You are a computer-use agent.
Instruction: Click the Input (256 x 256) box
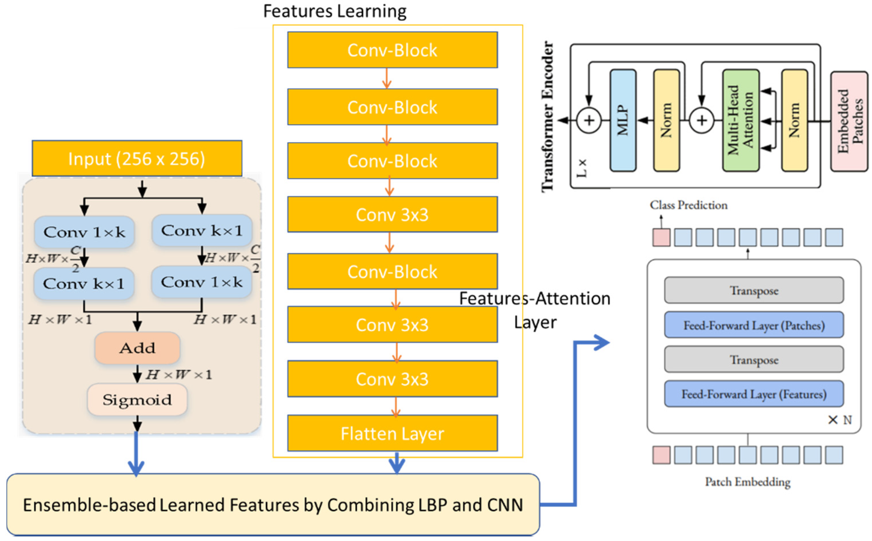(137, 159)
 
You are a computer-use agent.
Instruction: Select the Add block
(137, 348)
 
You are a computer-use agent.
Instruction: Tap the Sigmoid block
(137, 400)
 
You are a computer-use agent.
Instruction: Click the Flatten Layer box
(392, 433)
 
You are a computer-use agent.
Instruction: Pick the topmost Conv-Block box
(392, 50)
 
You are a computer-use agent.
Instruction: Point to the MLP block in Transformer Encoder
(623, 120)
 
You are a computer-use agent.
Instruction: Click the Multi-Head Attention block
(741, 120)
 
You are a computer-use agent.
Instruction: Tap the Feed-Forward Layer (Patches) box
(754, 325)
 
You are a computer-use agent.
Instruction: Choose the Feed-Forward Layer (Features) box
(754, 394)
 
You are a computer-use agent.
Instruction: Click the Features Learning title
(335, 11)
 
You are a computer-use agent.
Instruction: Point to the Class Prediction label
(688, 205)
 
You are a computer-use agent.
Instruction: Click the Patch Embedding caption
(747, 482)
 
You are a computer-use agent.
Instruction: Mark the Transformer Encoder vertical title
(548, 116)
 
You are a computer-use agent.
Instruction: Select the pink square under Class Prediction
(661, 238)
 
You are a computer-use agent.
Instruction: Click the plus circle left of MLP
(589, 120)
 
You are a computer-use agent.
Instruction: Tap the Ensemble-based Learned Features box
(273, 504)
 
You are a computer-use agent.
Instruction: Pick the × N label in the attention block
(840, 420)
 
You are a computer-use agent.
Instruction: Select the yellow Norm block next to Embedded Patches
(794, 120)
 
